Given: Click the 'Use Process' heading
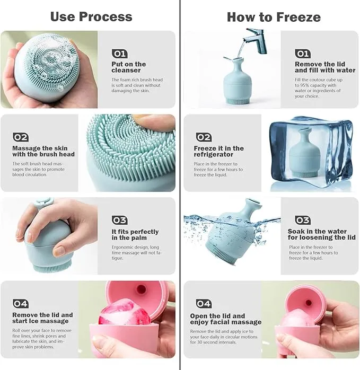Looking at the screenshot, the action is click(x=91, y=17).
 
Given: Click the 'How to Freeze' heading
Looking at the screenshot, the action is click(x=274, y=17).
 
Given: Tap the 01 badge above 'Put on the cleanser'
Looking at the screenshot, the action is click(x=119, y=54).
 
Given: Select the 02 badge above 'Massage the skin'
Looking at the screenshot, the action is click(x=21, y=137).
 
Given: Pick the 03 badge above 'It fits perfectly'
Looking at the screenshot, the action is click(x=120, y=220).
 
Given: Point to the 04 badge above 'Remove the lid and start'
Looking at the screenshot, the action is click(x=21, y=303).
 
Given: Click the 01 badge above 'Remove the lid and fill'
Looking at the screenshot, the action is click(x=303, y=54).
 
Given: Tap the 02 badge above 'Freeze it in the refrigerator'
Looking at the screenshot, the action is click(x=204, y=137).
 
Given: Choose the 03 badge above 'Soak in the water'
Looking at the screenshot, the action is click(x=303, y=220).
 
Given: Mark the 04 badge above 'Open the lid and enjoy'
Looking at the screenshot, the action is click(x=204, y=303).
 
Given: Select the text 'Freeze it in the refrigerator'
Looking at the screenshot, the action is click(x=218, y=151).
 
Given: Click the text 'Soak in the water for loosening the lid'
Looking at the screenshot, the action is click(x=321, y=234).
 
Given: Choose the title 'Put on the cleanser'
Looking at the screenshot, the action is click(x=129, y=67).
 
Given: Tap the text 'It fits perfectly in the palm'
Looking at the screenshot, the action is click(x=135, y=235).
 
